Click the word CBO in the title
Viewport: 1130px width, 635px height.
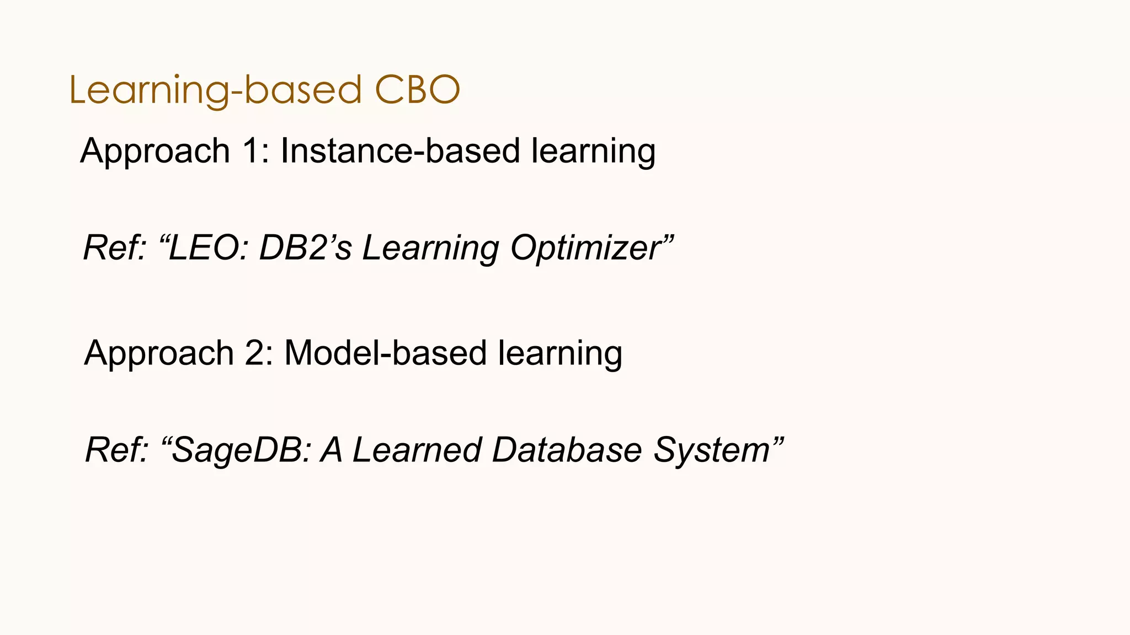coord(417,90)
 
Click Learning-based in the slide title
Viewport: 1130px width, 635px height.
coord(215,91)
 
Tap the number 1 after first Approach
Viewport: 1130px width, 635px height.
coord(251,151)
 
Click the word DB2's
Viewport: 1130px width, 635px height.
coord(305,247)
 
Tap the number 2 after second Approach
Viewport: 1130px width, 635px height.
coord(255,353)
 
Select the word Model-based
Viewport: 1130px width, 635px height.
coord(385,353)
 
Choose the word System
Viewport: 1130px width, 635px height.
coord(712,450)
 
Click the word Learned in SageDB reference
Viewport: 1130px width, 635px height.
coord(417,450)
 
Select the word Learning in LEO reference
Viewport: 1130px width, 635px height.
coord(430,249)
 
